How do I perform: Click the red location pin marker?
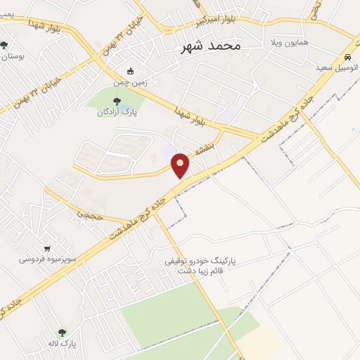pyautogui.click(x=181, y=165)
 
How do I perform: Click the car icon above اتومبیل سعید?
pyautogui.click(x=347, y=58)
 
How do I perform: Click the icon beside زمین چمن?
pyautogui.click(x=129, y=71)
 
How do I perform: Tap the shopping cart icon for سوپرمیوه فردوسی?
pyautogui.click(x=46, y=247)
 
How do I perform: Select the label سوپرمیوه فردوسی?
pyautogui.click(x=44, y=259)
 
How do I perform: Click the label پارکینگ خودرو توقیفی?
pyautogui.click(x=200, y=261)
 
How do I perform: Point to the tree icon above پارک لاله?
pyautogui.click(x=62, y=333)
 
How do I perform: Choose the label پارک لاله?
pyautogui.click(x=62, y=345)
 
